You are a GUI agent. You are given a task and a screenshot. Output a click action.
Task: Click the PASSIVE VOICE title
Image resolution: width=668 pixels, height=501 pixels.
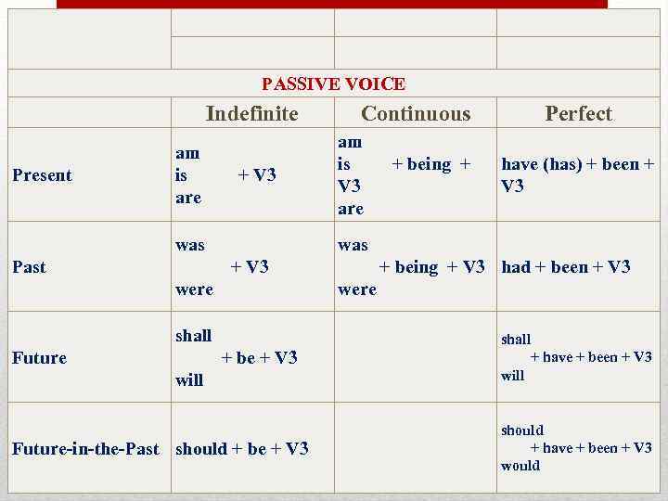(333, 84)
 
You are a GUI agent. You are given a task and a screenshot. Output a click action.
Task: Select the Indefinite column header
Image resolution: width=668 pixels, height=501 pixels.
(252, 114)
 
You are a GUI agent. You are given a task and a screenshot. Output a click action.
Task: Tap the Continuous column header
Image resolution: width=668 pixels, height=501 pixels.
(416, 114)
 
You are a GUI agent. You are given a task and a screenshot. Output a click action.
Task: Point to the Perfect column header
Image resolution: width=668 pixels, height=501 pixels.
(579, 114)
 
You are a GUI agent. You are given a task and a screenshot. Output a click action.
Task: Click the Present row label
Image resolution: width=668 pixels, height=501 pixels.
(42, 175)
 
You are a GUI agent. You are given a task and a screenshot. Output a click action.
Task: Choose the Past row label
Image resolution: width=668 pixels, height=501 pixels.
(29, 267)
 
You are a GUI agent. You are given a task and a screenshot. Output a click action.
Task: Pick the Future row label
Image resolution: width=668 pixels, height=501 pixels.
(40, 358)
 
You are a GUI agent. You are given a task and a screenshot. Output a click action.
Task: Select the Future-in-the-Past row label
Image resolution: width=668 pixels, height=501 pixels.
(85, 449)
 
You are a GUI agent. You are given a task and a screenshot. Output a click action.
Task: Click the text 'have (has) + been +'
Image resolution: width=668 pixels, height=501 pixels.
(578, 164)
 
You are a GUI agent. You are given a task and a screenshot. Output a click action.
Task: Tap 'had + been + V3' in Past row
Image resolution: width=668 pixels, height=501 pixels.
(566, 267)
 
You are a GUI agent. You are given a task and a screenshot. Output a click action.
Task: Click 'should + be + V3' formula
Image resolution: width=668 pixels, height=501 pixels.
(242, 449)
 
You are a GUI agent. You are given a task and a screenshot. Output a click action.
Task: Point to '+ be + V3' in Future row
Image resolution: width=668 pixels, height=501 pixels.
(260, 358)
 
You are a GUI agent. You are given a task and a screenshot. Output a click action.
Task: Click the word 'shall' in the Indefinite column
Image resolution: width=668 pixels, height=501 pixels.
(194, 336)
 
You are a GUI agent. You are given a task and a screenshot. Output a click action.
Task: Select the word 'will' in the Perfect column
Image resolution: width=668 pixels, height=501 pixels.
(513, 376)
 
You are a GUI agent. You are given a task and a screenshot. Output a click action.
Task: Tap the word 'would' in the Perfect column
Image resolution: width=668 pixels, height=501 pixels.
(520, 466)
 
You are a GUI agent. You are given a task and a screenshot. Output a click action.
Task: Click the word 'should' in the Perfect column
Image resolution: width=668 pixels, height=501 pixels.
(522, 430)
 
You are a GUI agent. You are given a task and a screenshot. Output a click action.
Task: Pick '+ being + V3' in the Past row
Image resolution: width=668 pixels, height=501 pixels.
(432, 267)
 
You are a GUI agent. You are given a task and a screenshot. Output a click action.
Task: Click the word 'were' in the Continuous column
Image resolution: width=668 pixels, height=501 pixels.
(357, 289)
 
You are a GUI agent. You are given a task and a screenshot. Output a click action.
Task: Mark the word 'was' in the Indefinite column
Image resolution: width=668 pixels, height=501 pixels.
(190, 245)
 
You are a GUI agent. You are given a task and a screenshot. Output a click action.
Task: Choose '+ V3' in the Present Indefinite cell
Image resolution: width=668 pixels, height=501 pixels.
(257, 175)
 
